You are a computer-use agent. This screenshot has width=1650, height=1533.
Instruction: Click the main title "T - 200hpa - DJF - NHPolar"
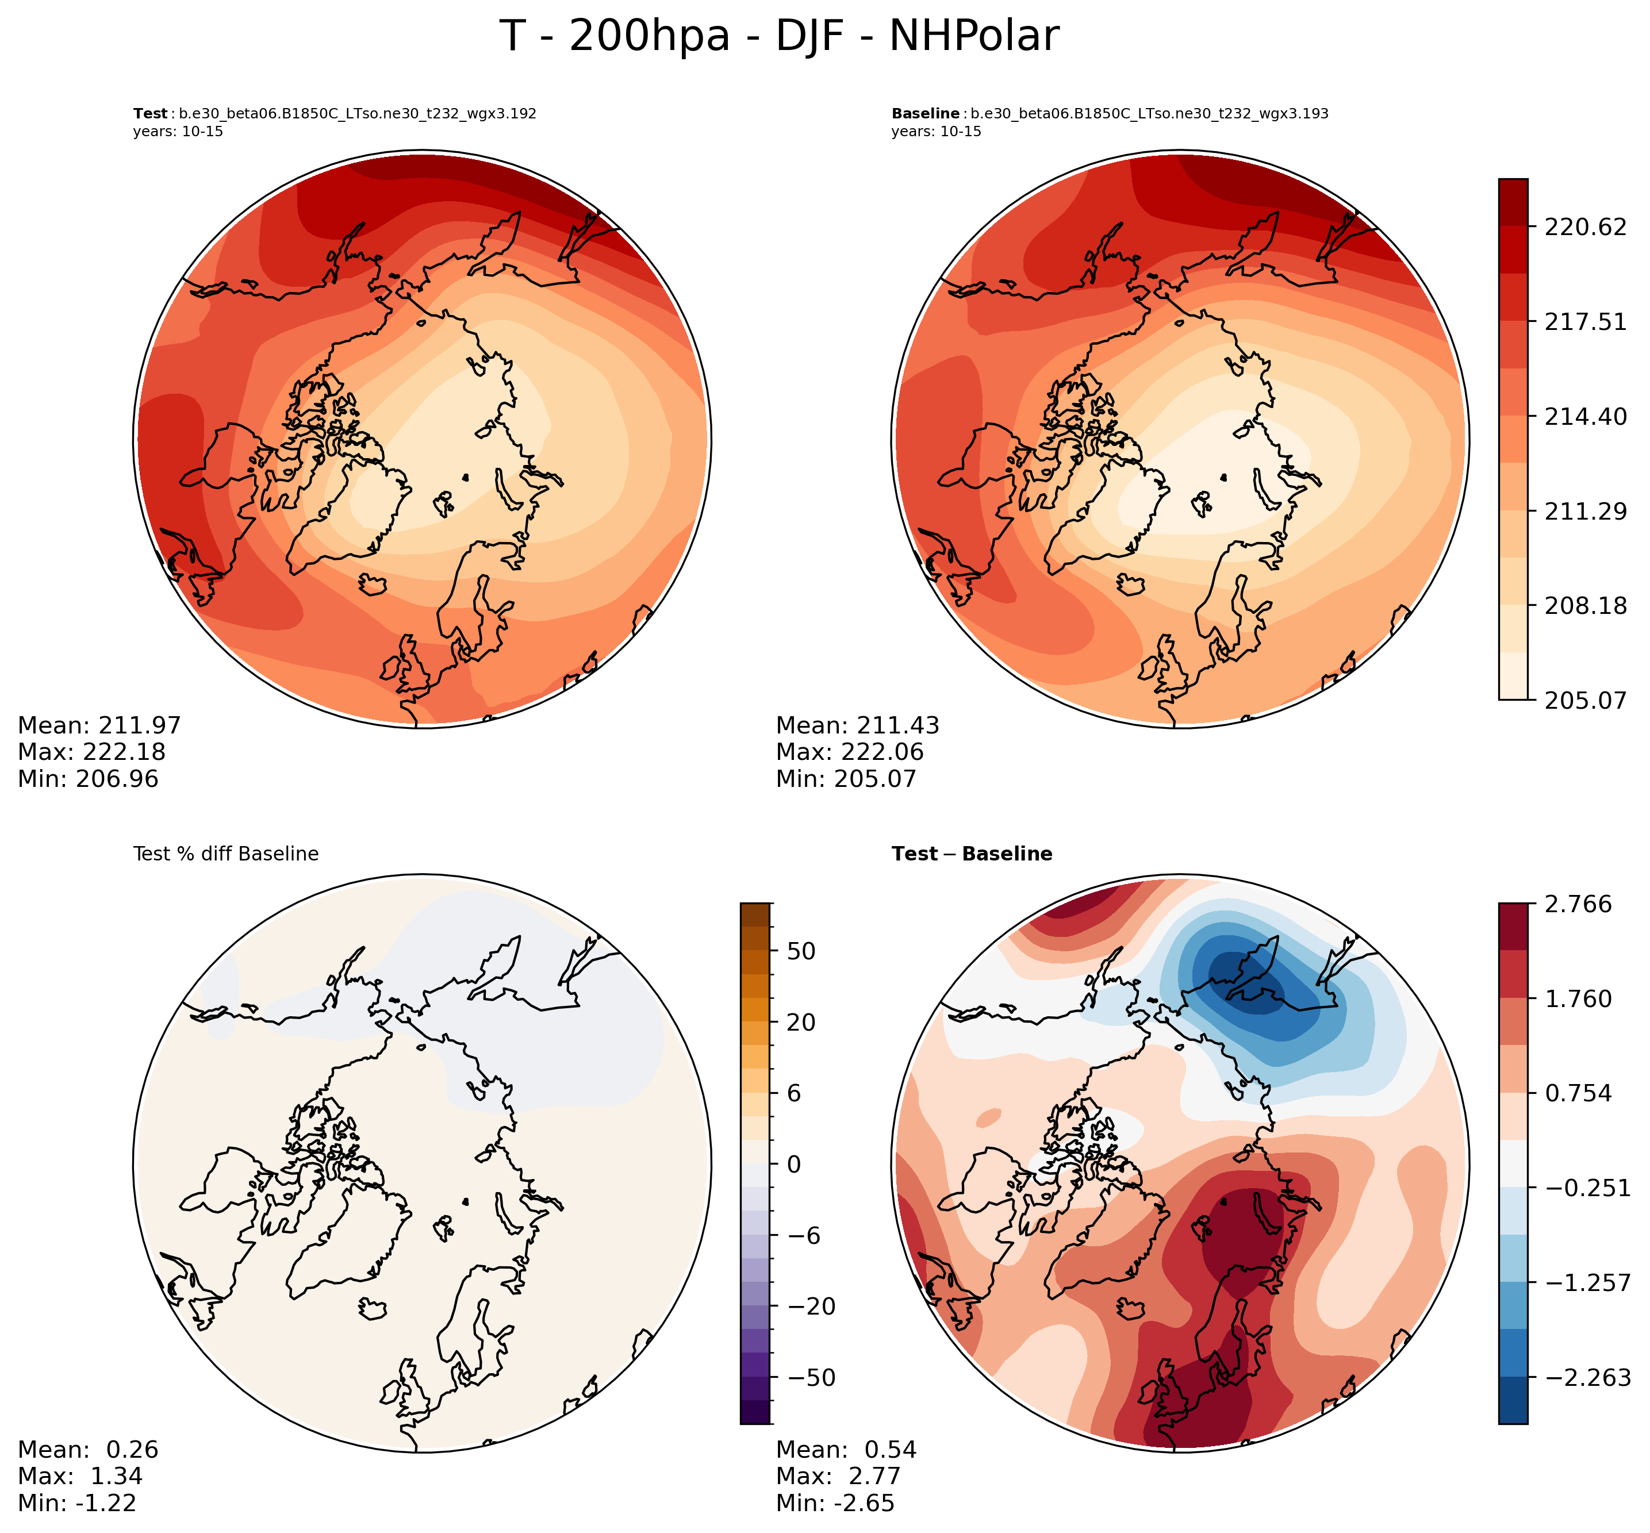[779, 37]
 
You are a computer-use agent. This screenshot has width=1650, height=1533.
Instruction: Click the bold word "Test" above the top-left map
[149, 114]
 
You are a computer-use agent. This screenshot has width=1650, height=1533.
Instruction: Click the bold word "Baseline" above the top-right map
[925, 114]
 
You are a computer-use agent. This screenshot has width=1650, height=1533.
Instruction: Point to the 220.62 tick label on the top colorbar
[1585, 227]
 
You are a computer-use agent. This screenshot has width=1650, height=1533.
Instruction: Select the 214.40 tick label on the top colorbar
[1585, 416]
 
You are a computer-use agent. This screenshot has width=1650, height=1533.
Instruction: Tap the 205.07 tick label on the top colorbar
[1585, 701]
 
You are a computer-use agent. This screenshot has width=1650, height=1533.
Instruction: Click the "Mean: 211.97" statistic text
[99, 726]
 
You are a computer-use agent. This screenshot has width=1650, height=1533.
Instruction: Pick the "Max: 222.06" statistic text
[850, 752]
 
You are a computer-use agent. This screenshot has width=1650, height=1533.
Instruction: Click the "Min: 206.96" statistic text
[88, 779]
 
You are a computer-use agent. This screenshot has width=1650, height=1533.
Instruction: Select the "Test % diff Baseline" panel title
[225, 854]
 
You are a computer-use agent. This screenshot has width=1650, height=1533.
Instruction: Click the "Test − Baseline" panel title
[972, 854]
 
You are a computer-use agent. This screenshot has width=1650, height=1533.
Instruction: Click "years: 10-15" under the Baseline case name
[936, 132]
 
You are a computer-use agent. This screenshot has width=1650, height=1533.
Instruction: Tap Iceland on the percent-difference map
[373, 1309]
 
